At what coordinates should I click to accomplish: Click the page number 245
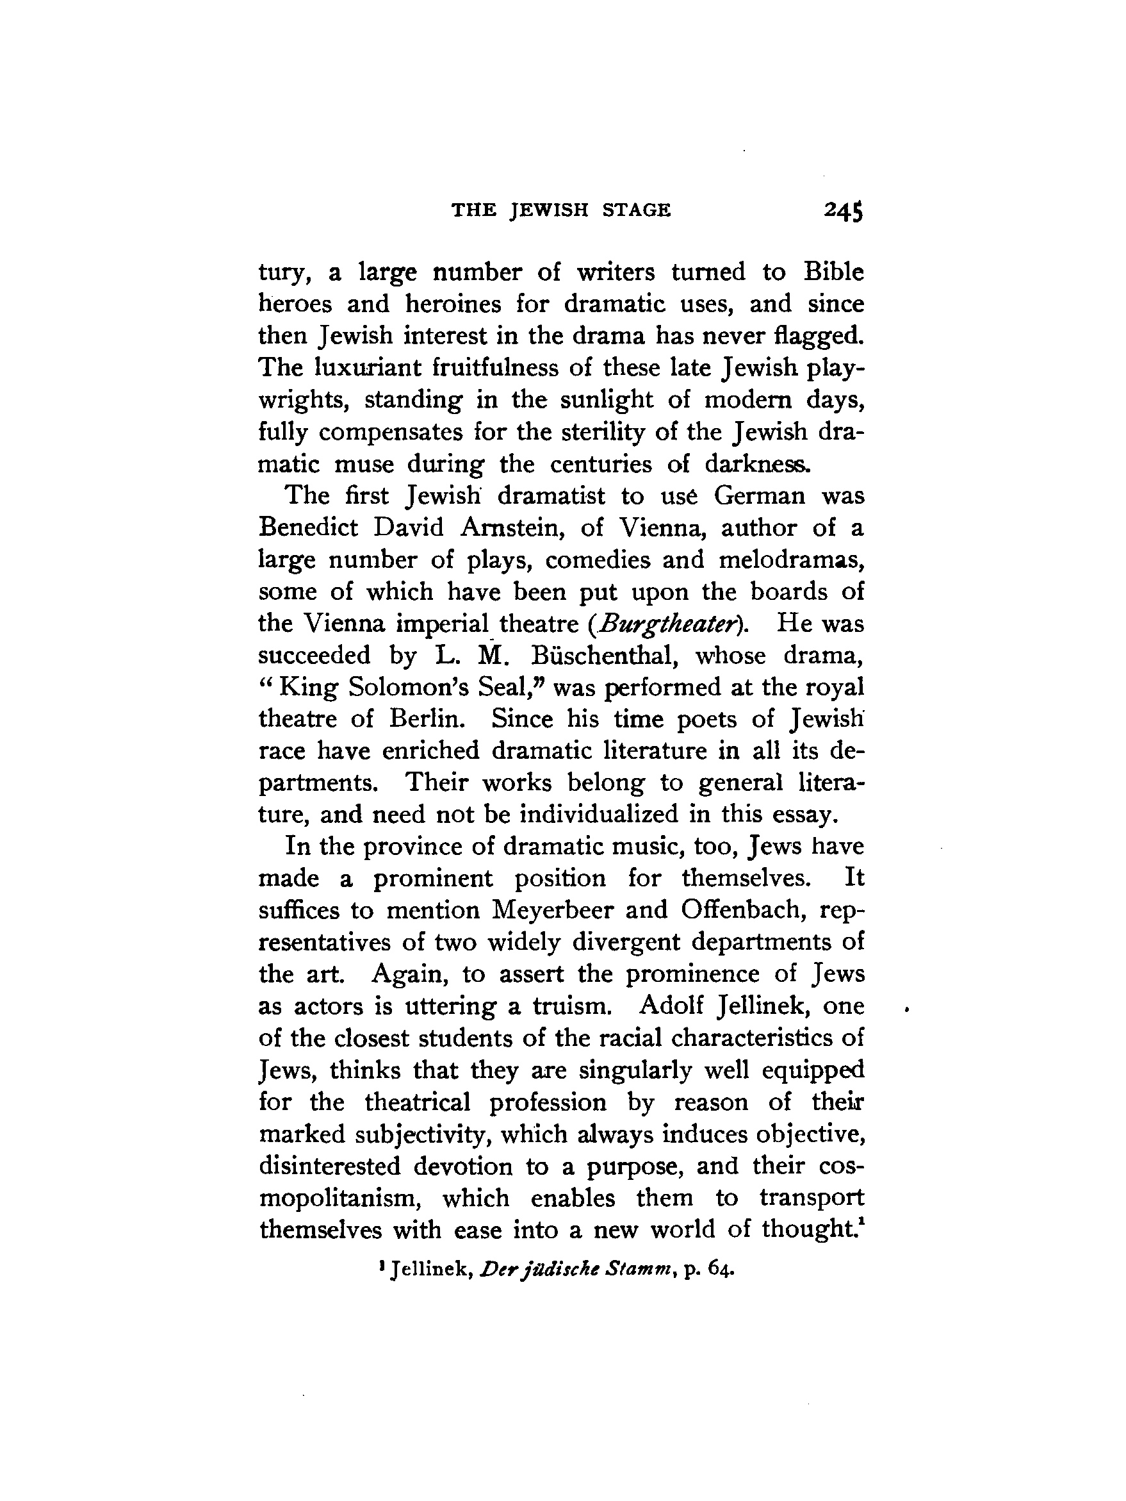click(x=843, y=211)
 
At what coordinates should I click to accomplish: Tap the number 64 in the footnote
click(x=721, y=1268)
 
